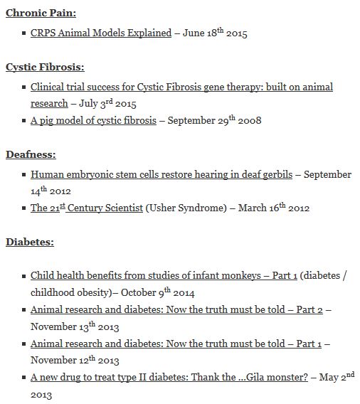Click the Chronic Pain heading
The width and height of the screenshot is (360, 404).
point(41,13)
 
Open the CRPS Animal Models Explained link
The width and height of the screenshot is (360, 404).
point(101,33)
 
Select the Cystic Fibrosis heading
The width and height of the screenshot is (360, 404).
point(45,67)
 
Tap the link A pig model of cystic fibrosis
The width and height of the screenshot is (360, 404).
point(93,120)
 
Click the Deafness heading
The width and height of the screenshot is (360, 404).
point(31,154)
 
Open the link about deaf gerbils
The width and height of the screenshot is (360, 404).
point(161,174)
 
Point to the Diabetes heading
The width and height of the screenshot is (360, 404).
point(30,242)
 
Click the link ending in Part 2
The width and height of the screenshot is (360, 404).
point(178,309)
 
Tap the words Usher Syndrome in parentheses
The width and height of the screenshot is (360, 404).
point(186,208)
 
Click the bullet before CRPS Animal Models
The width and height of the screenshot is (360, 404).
point(24,33)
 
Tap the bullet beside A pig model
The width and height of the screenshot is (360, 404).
point(24,120)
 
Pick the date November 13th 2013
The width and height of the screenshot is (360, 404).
point(75,326)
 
